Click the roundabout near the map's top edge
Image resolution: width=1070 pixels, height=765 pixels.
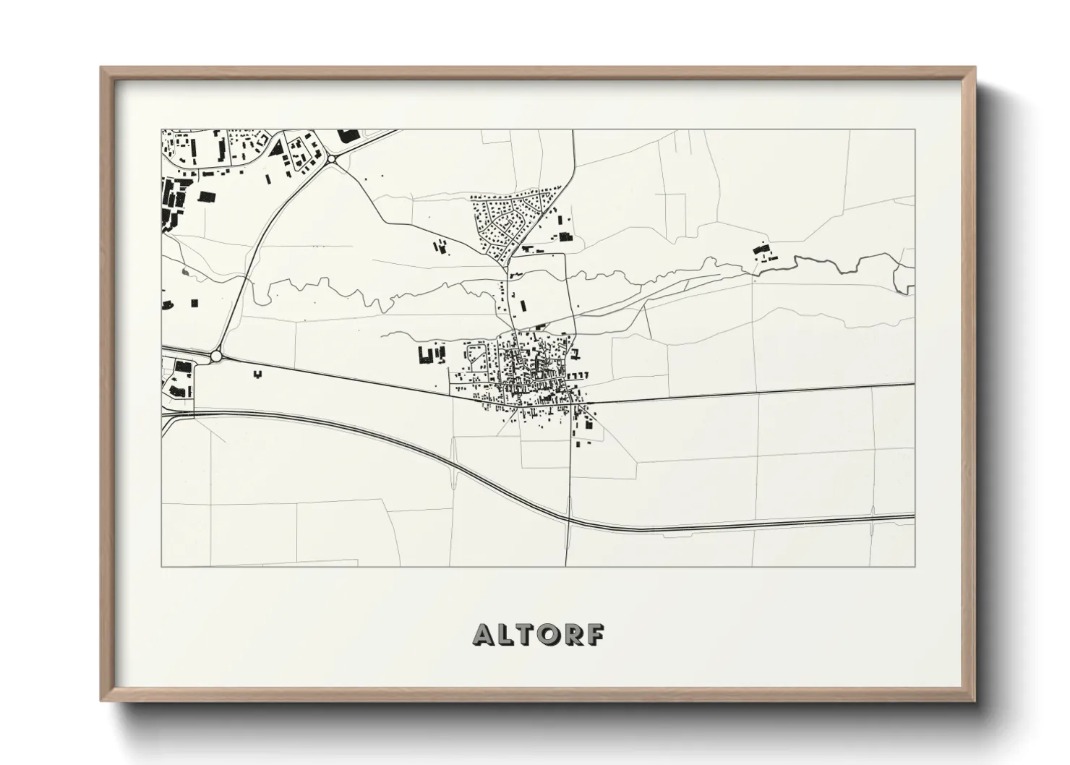[x=332, y=158]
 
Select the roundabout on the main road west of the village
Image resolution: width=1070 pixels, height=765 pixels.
[x=216, y=356]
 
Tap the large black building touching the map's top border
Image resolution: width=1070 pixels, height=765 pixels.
[x=349, y=135]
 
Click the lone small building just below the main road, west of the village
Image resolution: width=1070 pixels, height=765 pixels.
[x=257, y=374]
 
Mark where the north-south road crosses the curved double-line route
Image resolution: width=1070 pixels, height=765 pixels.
[x=569, y=518]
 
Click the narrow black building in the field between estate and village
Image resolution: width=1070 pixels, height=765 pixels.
[x=524, y=304]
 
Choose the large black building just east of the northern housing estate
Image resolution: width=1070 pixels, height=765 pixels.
[x=565, y=236]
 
